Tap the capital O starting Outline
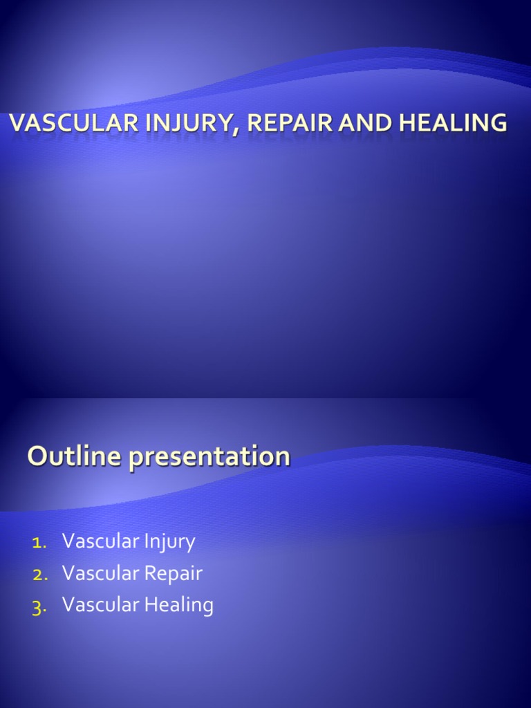click(x=37, y=456)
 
